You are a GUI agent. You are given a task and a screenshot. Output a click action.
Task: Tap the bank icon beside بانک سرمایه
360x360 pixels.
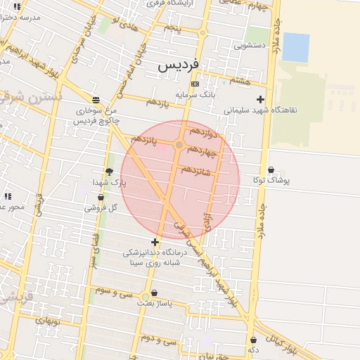(195, 84)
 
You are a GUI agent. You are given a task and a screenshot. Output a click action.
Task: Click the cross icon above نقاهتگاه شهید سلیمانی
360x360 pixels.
(261, 99)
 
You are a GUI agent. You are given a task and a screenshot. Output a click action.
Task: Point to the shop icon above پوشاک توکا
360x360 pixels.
(271, 169)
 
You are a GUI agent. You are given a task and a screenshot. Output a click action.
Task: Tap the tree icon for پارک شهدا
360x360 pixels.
(109, 172)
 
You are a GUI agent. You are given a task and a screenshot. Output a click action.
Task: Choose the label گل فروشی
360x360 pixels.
(101, 207)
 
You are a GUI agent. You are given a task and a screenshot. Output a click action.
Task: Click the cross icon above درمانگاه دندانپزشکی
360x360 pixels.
(155, 242)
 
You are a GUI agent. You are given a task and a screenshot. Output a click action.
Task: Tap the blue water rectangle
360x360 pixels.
(295, 47)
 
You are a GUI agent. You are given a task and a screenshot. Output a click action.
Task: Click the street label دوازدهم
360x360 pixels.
(205, 132)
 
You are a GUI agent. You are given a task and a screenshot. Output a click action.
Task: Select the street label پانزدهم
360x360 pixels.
(143, 139)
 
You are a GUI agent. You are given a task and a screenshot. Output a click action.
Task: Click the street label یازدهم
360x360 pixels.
(158, 103)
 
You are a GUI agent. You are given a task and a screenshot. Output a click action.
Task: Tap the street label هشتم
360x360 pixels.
(239, 81)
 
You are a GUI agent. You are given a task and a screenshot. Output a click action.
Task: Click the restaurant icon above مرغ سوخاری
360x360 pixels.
(96, 99)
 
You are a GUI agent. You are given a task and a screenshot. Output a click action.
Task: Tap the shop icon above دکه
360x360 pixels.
(253, 340)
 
